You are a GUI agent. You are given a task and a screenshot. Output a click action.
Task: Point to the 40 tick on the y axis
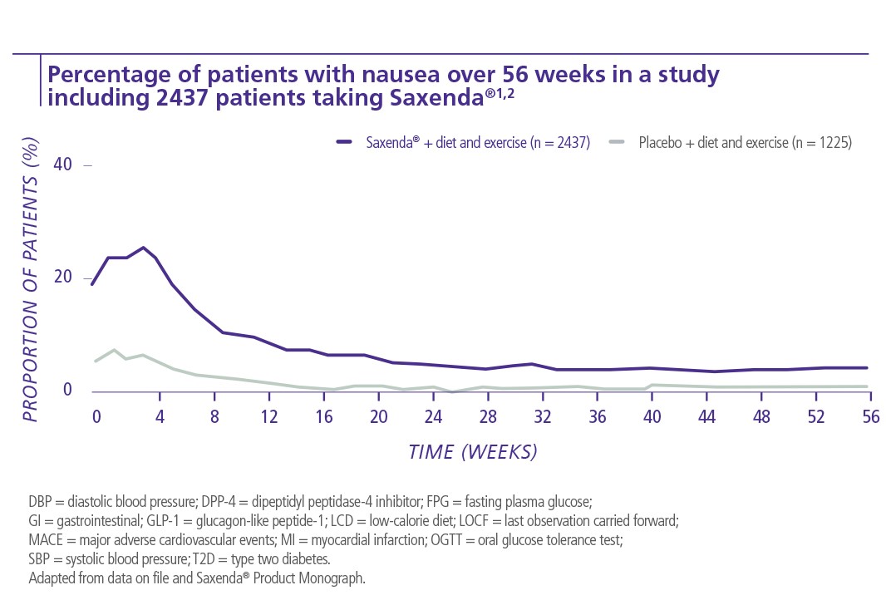coord(62,165)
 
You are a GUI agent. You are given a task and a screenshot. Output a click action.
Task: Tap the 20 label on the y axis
coord(62,278)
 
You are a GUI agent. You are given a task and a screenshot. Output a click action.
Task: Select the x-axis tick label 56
coord(869,416)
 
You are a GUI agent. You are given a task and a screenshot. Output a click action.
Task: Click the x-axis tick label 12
coord(268,416)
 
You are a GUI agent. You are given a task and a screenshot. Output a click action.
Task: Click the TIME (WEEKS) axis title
coord(473,452)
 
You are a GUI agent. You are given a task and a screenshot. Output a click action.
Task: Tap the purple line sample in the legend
coord(346,142)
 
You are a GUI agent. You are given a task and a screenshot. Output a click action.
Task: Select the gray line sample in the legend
coord(618,142)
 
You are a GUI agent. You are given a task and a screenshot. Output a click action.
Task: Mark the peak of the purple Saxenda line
coord(143,248)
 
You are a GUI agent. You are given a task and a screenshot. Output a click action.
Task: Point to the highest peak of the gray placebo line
coord(114,350)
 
